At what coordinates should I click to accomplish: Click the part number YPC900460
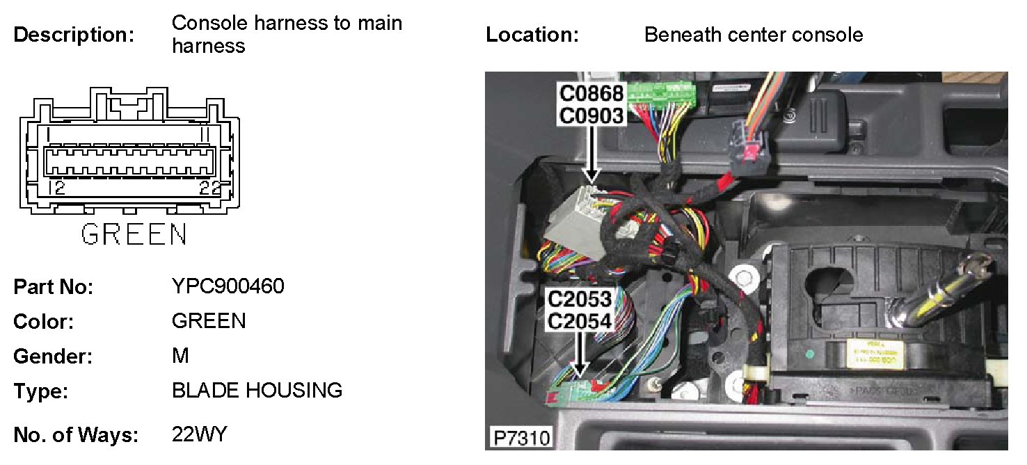coord(228,286)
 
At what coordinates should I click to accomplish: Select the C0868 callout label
coord(591,93)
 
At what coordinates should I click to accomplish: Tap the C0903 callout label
coord(591,115)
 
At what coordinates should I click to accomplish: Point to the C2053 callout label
coord(579,300)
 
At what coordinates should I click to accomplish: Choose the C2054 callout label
coord(579,321)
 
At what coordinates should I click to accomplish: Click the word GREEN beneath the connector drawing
coord(134,234)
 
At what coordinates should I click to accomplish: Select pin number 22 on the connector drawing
coord(210,188)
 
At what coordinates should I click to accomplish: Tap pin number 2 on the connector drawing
coord(60,188)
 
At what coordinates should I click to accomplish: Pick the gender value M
coord(180,356)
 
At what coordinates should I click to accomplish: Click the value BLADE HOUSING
coord(257,391)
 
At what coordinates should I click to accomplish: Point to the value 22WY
coord(199,435)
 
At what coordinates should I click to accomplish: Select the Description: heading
coord(74,35)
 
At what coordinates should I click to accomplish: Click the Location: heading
coord(532,35)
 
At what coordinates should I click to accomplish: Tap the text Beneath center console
coord(754,35)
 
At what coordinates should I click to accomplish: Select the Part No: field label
coord(54,286)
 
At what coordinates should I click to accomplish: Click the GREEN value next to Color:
coord(209,321)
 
